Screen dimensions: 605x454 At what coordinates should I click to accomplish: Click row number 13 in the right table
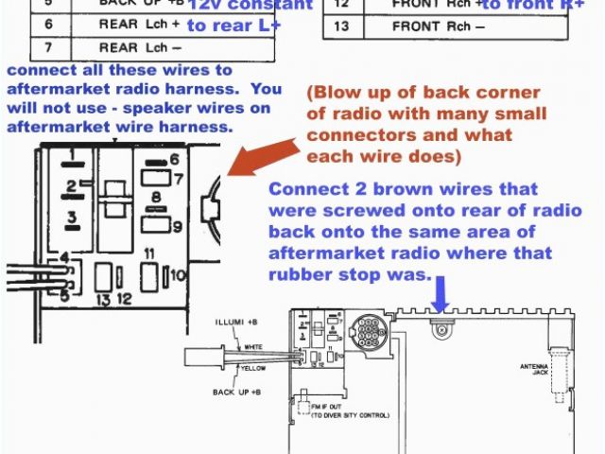(343, 25)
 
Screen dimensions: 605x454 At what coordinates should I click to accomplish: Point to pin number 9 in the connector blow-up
(176, 226)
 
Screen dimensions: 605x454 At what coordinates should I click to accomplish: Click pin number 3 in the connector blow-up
(71, 219)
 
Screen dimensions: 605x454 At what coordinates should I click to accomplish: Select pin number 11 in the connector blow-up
(149, 254)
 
